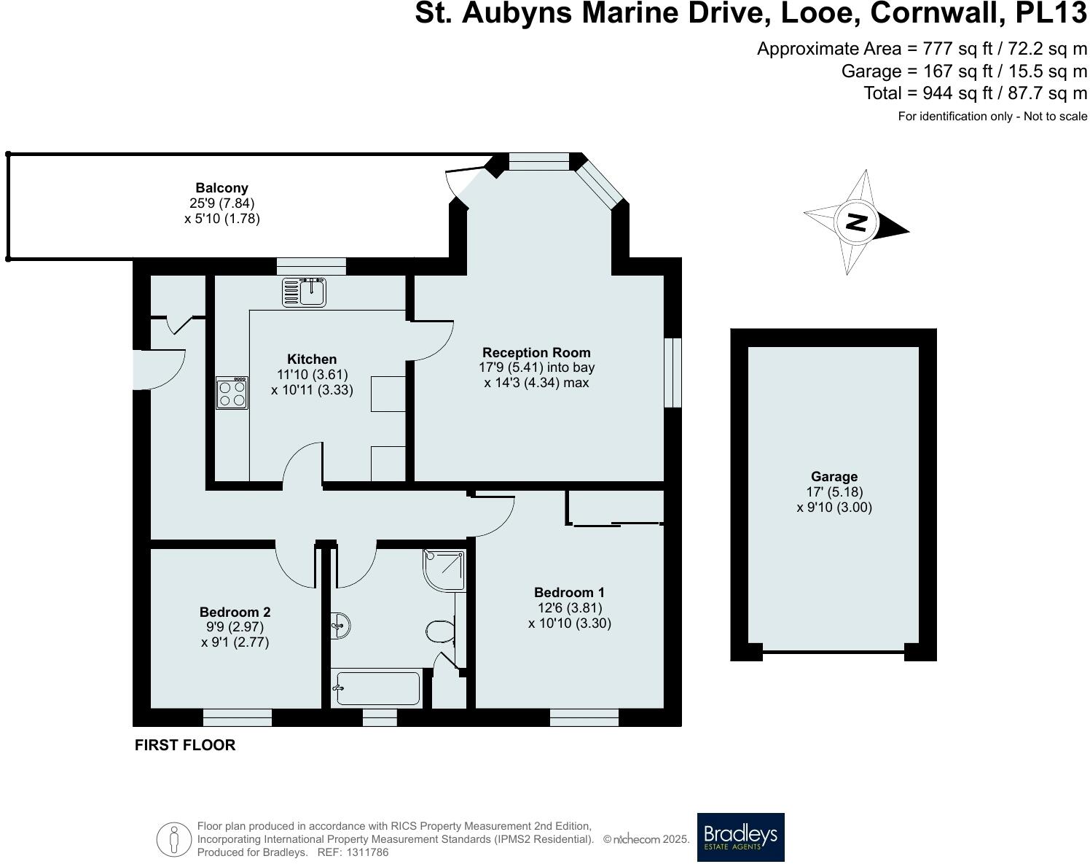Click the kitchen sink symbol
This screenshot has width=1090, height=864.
(x=305, y=292)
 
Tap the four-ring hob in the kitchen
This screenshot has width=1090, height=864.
(x=232, y=393)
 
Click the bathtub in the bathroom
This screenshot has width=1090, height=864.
(x=377, y=688)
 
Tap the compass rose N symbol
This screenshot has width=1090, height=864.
(x=858, y=222)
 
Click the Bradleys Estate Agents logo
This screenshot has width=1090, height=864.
(x=740, y=837)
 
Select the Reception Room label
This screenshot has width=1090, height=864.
(x=536, y=353)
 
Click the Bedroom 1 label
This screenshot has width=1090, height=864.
(x=569, y=593)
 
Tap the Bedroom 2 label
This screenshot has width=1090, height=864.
(x=235, y=612)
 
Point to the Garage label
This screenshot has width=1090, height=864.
(x=834, y=477)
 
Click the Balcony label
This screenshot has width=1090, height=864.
(x=221, y=188)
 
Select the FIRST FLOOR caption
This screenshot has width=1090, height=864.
(x=185, y=745)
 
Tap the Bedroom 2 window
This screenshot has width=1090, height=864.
(x=238, y=717)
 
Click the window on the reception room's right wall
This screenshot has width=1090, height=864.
(x=673, y=372)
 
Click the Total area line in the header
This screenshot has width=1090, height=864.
(x=975, y=93)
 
